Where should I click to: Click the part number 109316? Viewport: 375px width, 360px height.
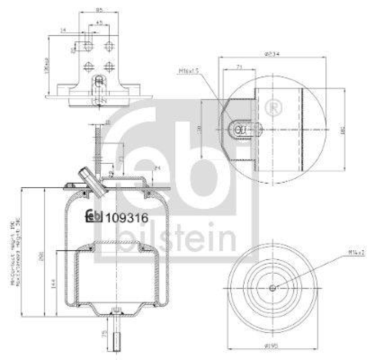pos(127,217)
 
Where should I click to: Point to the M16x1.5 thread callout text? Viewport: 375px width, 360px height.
pos(189,71)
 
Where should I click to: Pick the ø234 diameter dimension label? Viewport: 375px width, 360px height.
pos(271,54)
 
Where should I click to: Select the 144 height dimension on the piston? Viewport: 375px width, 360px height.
pos(52,283)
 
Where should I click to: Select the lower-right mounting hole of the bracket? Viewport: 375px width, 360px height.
pos(109,66)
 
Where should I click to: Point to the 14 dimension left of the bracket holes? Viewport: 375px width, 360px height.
pos(63,30)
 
